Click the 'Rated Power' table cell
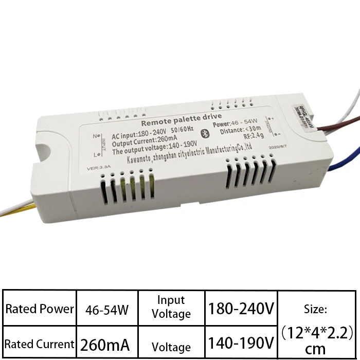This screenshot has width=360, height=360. [40, 309]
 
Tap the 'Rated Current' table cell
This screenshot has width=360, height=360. [40, 344]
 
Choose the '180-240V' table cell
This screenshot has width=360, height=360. [241, 309]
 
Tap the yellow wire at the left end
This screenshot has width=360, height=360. [15, 209]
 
